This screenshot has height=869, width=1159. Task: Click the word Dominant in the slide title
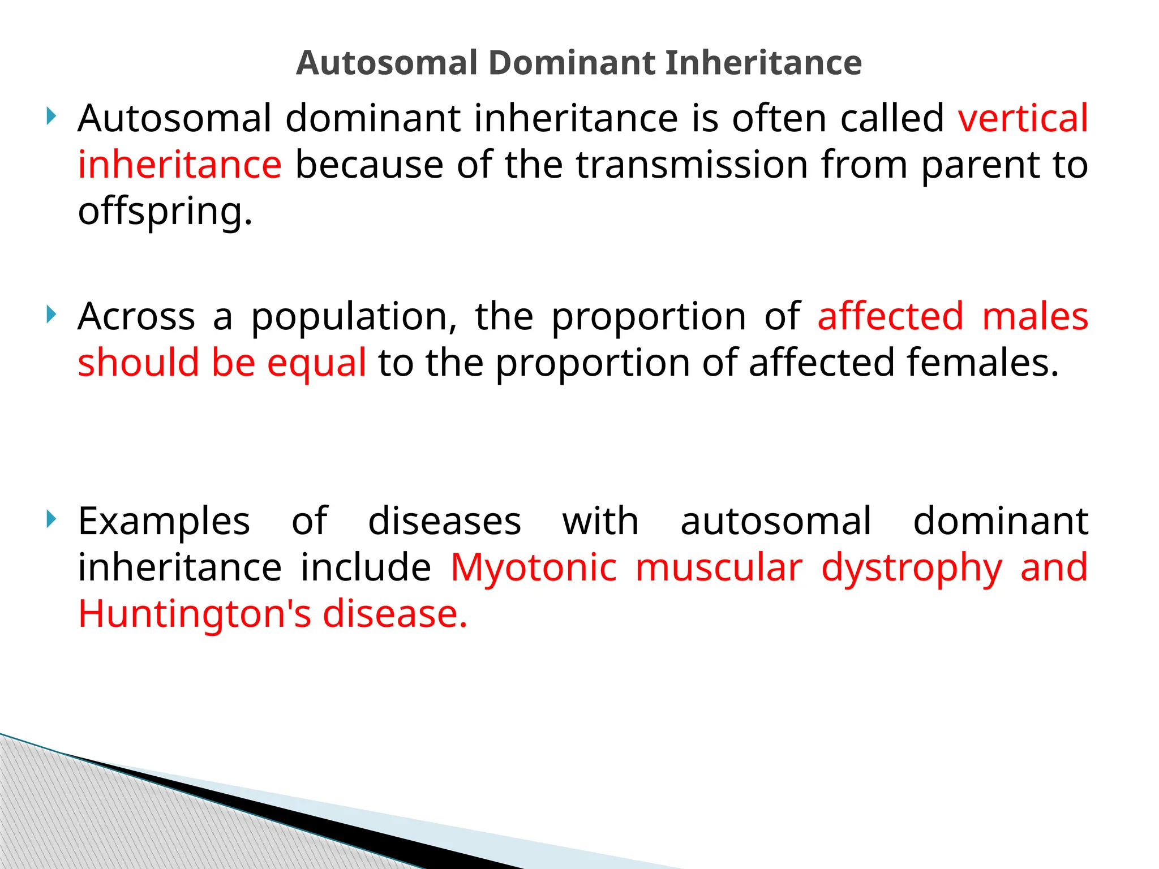(x=571, y=62)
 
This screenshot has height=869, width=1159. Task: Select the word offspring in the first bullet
(x=164, y=212)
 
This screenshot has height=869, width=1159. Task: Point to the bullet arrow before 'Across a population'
(x=51, y=314)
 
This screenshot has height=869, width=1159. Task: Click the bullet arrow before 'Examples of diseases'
(x=51, y=518)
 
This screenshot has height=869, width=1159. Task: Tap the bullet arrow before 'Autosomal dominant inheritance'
(x=51, y=117)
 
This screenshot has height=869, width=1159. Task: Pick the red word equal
(x=316, y=363)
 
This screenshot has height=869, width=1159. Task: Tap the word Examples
(x=164, y=522)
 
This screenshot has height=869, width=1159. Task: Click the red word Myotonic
(x=533, y=568)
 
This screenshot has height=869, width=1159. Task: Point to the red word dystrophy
(x=911, y=568)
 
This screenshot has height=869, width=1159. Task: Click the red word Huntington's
(x=194, y=614)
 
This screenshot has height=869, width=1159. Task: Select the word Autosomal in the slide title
(x=387, y=62)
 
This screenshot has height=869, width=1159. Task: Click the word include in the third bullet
(x=366, y=567)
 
